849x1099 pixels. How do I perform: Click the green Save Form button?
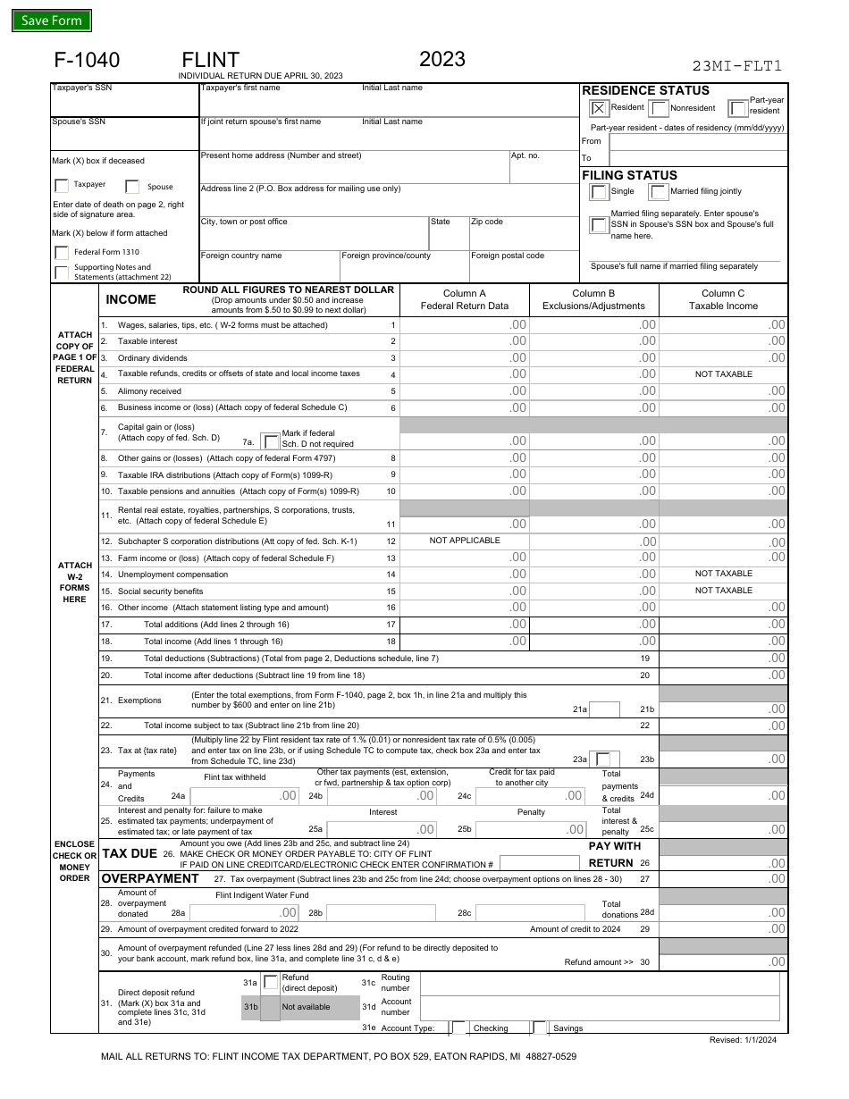(51, 21)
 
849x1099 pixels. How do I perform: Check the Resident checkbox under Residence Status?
(599, 108)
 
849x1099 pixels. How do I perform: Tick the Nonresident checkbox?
(659, 108)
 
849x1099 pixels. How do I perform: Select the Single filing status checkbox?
(599, 192)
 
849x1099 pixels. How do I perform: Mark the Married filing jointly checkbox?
(659, 192)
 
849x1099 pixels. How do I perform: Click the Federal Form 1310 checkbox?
(61, 253)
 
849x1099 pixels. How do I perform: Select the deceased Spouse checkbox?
(132, 187)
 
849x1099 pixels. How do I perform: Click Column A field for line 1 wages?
(465, 325)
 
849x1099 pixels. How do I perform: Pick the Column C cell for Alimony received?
(723, 391)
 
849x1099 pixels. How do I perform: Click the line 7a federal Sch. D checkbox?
(270, 440)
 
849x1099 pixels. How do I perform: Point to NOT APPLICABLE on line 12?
(465, 541)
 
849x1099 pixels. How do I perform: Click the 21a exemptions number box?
(605, 709)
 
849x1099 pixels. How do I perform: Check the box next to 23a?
(605, 759)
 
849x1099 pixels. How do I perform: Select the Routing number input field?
(603, 983)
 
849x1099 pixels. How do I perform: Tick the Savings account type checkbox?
(540, 1028)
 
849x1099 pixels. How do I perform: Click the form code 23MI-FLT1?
(737, 65)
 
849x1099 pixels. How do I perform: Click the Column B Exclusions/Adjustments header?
(594, 299)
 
